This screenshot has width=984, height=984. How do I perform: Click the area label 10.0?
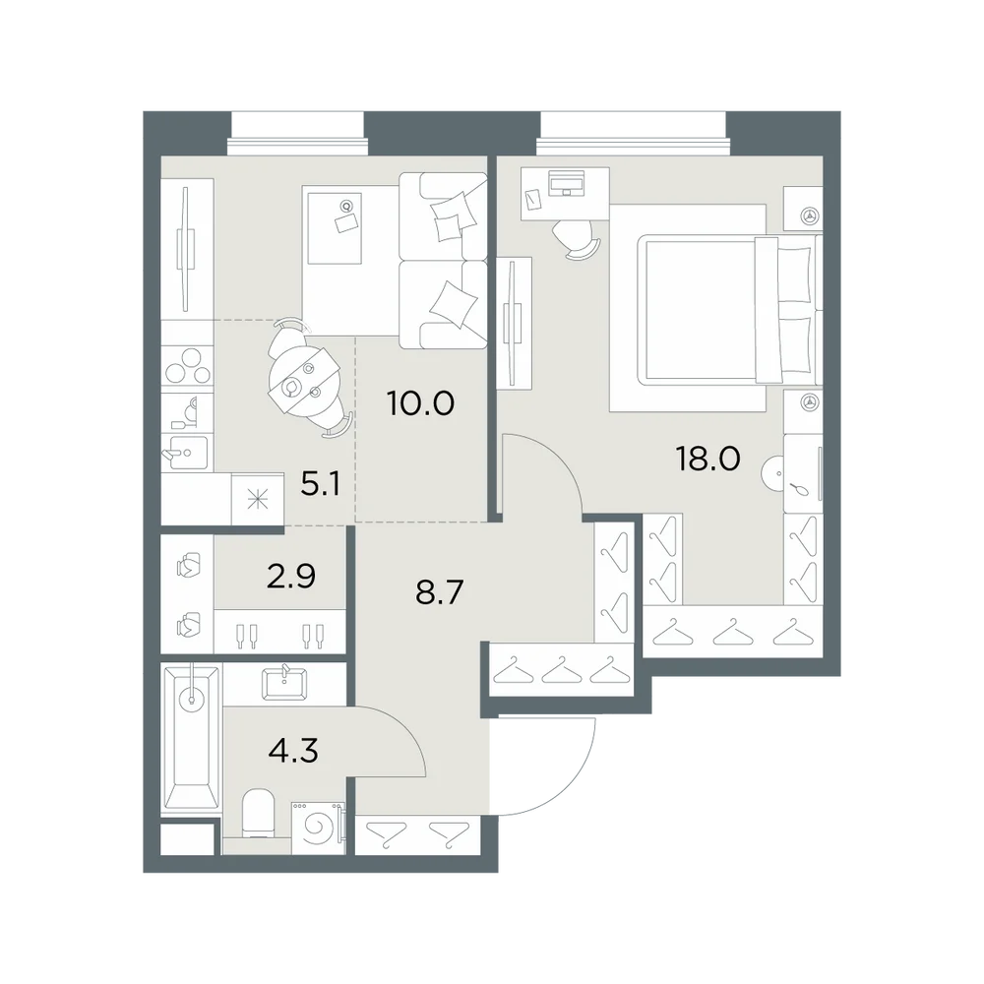tap(420, 403)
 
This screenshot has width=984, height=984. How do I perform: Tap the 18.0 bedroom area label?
tap(707, 460)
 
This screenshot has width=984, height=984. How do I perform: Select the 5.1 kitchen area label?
tap(321, 484)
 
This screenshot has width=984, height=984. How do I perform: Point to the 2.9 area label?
tap(290, 576)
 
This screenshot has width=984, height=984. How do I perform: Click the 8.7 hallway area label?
tap(439, 591)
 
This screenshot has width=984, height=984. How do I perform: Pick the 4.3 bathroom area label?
tap(293, 749)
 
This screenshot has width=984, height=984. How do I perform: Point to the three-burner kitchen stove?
tap(187, 365)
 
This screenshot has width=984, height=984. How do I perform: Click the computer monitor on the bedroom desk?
tap(566, 183)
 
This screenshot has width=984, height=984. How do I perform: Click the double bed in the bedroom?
tap(729, 309)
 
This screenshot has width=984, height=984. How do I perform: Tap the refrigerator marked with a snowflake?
tap(258, 500)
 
